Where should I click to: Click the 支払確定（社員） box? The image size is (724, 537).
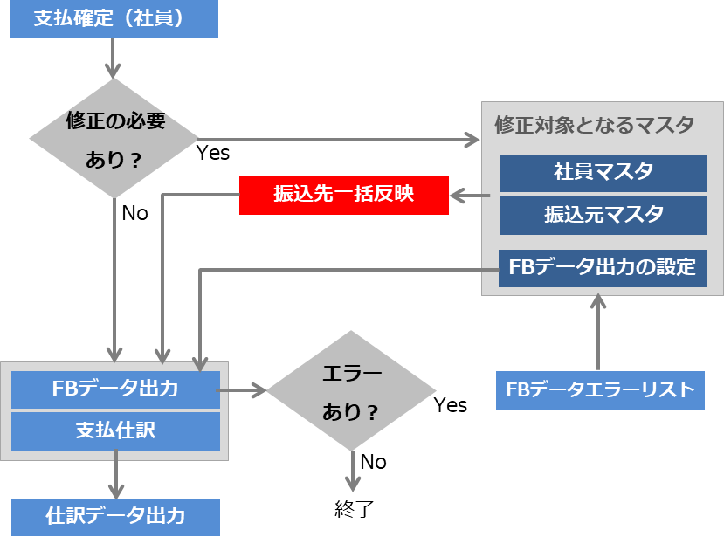pyautogui.click(x=114, y=19)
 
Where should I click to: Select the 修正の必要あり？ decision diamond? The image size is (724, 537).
pyautogui.click(x=114, y=139)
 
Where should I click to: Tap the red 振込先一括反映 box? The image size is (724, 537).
pyautogui.click(x=343, y=195)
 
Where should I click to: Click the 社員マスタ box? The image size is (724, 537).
pyautogui.click(x=603, y=173)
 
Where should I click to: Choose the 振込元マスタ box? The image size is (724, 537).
pyautogui.click(x=603, y=215)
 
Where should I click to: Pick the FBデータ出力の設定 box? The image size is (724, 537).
pyautogui.click(x=603, y=268)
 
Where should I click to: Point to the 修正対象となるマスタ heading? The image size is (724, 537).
pyautogui.click(x=594, y=124)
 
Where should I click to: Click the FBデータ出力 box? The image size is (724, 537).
pyautogui.click(x=115, y=389)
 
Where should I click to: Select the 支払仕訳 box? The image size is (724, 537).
pyautogui.click(x=115, y=430)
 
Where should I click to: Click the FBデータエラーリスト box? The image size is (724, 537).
pyautogui.click(x=599, y=390)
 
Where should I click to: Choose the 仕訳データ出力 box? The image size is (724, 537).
pyautogui.click(x=115, y=516)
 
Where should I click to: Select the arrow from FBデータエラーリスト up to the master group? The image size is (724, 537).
pyautogui.click(x=598, y=332)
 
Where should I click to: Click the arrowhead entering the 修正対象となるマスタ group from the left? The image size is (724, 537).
pyautogui.click(x=472, y=139)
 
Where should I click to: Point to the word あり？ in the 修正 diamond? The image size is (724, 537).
pyautogui.click(x=114, y=160)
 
